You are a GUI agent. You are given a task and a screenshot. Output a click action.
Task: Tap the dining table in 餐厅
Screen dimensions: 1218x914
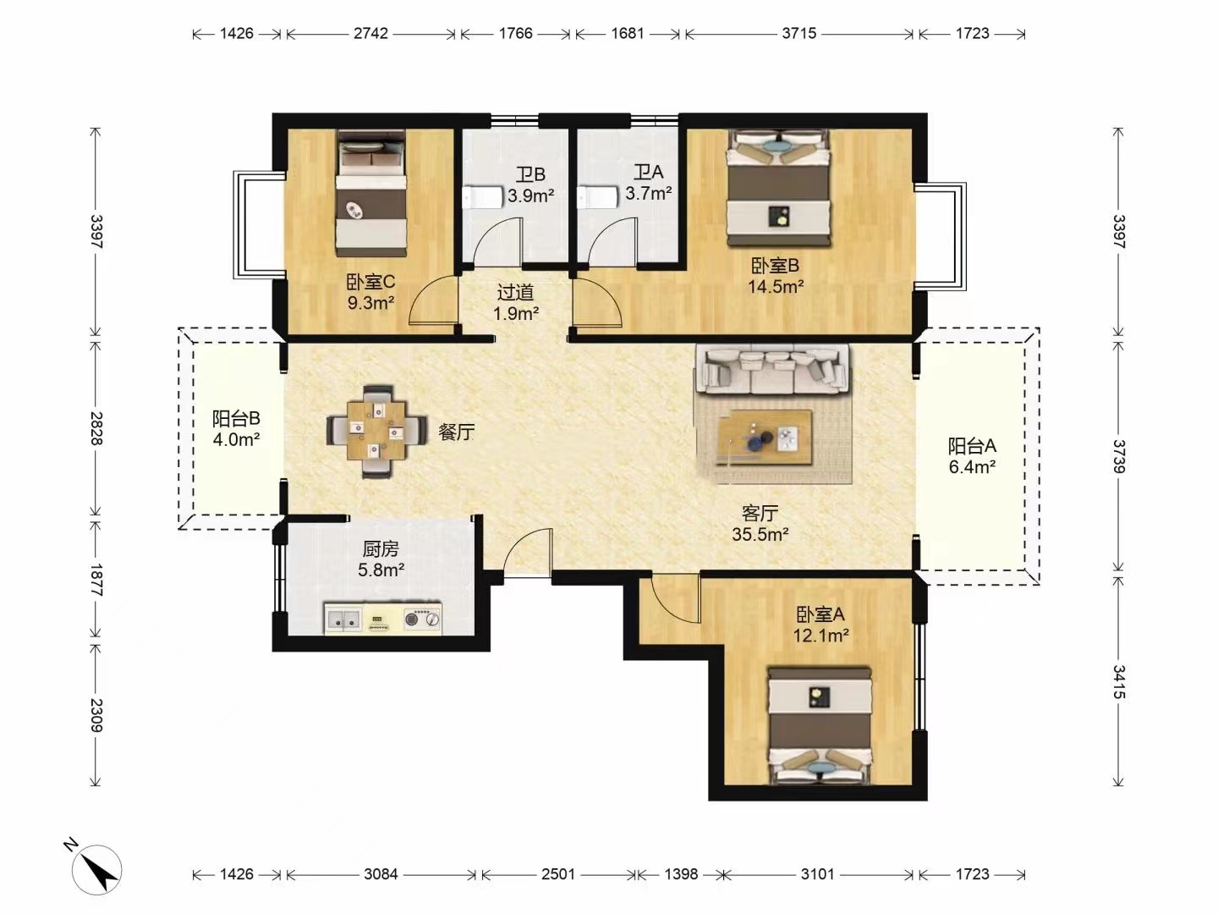376,432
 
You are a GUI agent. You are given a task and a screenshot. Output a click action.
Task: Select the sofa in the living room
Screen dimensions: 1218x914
772,369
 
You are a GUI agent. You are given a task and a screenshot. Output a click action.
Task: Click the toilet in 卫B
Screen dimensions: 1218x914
481,197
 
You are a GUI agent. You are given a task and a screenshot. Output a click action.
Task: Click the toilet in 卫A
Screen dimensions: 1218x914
598,197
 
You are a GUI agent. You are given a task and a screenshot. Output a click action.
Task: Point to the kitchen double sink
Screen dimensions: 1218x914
344,618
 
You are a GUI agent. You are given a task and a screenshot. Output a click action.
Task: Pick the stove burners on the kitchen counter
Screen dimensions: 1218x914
422,618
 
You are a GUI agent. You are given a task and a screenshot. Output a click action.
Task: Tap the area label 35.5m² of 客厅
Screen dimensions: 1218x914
760,534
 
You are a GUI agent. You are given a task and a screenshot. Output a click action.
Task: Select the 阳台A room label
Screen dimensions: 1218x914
972,446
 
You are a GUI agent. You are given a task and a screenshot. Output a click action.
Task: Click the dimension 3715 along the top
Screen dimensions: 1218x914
799,33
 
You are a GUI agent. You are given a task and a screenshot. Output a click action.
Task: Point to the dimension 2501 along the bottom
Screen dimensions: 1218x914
557,874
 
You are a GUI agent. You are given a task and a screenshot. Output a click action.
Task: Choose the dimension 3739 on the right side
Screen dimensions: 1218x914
1117,456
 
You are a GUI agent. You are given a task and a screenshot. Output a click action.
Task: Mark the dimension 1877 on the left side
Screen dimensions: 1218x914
96,580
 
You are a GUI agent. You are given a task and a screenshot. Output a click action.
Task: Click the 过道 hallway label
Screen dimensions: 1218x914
515,292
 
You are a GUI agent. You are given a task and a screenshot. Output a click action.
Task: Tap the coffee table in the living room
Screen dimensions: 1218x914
765,438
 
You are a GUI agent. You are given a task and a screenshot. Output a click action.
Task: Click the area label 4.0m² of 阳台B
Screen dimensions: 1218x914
236,439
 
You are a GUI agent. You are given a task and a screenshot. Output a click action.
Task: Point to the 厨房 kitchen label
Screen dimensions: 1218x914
381,549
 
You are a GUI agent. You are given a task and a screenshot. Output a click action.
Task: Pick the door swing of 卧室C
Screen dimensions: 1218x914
433,300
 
